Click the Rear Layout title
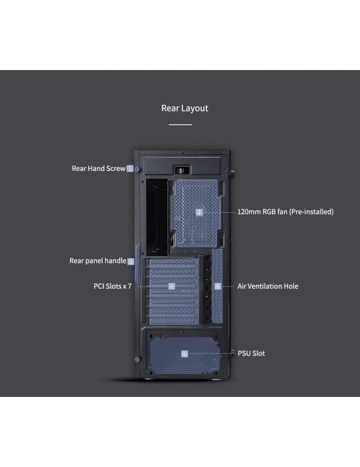(x=185, y=108)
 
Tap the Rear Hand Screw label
(x=99, y=168)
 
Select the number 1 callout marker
(x=130, y=168)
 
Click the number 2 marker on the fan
(x=199, y=212)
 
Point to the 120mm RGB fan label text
(x=285, y=211)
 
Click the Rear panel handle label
(x=98, y=261)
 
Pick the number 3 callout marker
(x=131, y=262)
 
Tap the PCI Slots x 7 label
(x=113, y=286)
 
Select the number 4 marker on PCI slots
(x=172, y=286)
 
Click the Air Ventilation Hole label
(x=268, y=286)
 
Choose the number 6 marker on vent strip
(x=218, y=286)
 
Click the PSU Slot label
(x=251, y=354)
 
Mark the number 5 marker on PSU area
(x=185, y=354)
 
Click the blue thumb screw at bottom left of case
(x=137, y=360)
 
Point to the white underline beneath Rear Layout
(x=180, y=125)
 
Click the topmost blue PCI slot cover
(x=173, y=262)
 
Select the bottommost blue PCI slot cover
(x=173, y=321)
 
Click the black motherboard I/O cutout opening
(x=157, y=217)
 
